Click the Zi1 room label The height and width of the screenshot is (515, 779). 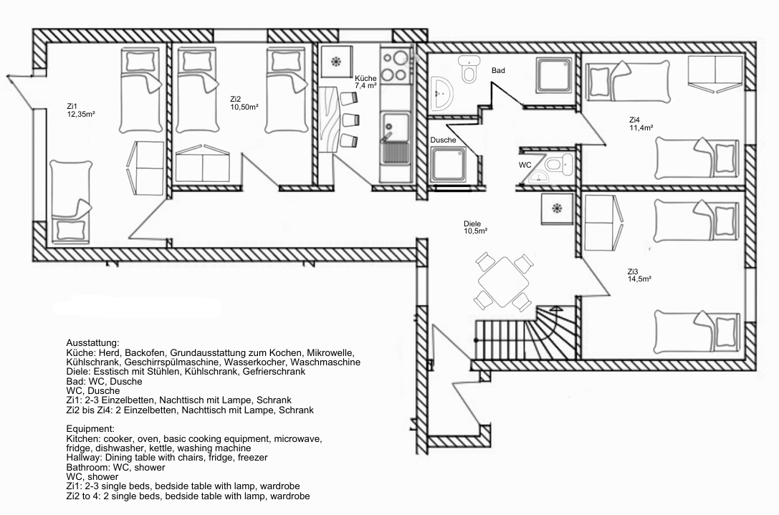click(72, 106)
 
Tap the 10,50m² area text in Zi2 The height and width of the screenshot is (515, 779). click(244, 107)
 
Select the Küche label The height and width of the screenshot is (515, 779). click(365, 79)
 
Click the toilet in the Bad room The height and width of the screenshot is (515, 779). click(469, 69)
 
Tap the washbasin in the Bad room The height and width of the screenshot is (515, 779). click(441, 93)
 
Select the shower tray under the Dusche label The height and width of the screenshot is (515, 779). click(448, 164)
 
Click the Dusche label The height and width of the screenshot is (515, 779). click(443, 140)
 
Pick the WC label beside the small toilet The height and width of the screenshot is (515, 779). click(525, 165)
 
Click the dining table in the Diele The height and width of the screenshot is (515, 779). click(503, 281)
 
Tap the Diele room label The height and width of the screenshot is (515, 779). click(472, 224)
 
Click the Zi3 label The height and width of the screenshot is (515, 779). click(632, 271)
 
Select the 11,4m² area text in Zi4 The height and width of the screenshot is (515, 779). click(641, 127)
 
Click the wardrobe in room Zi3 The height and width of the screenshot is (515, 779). click(602, 223)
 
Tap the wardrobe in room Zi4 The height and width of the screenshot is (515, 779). click(715, 73)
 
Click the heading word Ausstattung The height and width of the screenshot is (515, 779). click(93, 343)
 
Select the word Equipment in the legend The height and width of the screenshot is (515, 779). click(90, 429)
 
